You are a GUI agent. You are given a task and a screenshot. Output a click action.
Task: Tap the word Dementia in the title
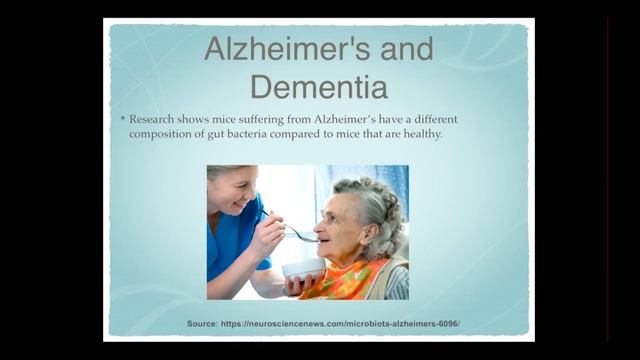click(319, 87)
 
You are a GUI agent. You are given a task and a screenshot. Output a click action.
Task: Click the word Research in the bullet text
click(151, 120)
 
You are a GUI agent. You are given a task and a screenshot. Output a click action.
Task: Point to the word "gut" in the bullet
click(216, 135)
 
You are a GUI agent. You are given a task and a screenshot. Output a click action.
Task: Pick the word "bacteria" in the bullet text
click(247, 134)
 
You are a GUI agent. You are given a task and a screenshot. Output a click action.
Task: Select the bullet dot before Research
click(122, 119)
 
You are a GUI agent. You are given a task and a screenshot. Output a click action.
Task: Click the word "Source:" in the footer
click(202, 324)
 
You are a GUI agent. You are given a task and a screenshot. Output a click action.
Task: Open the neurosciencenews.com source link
click(340, 324)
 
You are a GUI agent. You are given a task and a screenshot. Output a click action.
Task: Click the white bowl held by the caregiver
click(304, 269)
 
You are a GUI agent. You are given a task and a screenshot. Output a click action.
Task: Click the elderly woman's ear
click(371, 235)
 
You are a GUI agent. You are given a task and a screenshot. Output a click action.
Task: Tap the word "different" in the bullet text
click(436, 120)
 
